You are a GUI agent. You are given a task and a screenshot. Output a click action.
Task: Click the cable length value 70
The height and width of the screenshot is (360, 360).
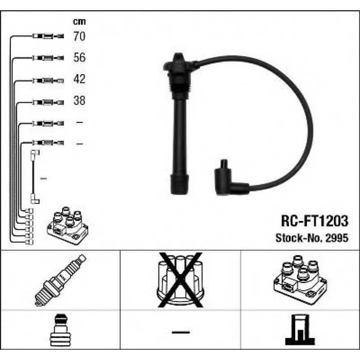tap(79, 36)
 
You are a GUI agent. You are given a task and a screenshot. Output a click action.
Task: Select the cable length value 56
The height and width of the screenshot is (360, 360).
tap(79, 58)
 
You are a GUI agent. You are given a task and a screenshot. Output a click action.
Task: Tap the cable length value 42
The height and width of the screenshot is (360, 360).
tap(79, 79)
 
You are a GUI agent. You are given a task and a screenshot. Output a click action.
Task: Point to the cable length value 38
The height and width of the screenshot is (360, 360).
tap(79, 101)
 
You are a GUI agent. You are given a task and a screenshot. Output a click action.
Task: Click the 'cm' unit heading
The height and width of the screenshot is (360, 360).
tap(79, 21)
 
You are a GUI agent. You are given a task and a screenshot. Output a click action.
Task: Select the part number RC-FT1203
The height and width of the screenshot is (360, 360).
tap(314, 220)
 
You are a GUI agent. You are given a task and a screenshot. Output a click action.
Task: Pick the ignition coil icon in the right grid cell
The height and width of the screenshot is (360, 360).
tap(300, 280)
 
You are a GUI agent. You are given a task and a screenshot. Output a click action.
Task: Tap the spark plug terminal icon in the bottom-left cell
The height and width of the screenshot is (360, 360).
tap(60, 332)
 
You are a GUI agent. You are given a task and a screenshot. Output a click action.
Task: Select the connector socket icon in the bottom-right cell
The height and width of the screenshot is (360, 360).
tap(300, 332)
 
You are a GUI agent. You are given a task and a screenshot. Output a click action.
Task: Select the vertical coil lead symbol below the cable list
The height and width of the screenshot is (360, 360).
tap(34, 178)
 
